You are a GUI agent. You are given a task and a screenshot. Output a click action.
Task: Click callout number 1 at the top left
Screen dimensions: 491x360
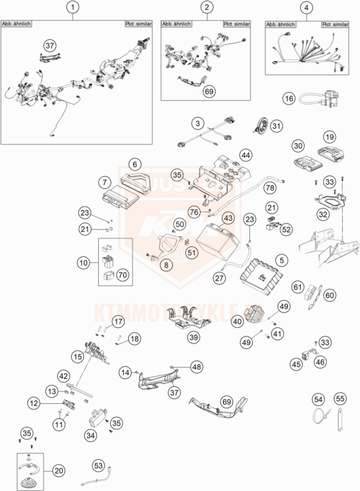(x=74, y=8)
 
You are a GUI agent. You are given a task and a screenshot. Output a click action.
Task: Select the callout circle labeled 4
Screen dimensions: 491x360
(x=305, y=8)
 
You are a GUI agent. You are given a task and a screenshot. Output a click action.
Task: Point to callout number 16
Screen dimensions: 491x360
(x=288, y=98)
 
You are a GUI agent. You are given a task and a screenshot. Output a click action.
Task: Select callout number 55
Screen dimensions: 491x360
(x=339, y=398)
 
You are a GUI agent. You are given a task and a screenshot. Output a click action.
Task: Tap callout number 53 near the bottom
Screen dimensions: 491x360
(x=98, y=464)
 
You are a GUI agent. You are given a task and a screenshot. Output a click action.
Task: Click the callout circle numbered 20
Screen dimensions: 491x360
(x=60, y=470)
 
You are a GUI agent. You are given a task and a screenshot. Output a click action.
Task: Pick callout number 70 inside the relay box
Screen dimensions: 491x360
(x=122, y=273)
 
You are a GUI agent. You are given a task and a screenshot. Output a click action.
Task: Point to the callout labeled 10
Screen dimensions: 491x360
(x=83, y=263)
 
